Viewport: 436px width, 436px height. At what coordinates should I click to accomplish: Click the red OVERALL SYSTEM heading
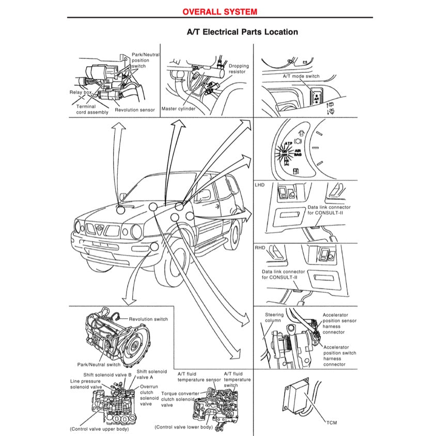pyautogui.click(x=220, y=11)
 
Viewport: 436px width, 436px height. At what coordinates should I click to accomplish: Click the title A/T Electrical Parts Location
pyautogui.click(x=242, y=32)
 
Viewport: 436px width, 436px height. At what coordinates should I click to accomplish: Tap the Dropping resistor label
pyautogui.click(x=238, y=69)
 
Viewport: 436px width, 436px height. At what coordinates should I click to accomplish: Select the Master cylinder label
pyautogui.click(x=178, y=109)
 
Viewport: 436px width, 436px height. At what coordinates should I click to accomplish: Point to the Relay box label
pyautogui.click(x=80, y=92)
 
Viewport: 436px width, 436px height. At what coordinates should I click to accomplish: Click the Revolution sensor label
pyautogui.click(x=134, y=110)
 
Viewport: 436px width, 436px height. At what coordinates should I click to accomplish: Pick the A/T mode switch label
pyautogui.click(x=301, y=76)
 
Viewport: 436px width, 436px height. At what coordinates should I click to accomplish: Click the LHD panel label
pyautogui.click(x=259, y=184)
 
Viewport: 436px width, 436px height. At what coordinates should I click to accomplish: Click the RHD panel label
pyautogui.click(x=260, y=248)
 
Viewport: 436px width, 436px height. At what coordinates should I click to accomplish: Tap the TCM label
pyautogui.click(x=332, y=423)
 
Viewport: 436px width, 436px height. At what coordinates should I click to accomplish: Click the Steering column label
pyautogui.click(x=274, y=317)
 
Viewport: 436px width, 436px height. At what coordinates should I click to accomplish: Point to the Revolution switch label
pyautogui.click(x=148, y=319)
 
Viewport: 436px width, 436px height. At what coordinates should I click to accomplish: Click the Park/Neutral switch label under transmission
pyautogui.click(x=99, y=364)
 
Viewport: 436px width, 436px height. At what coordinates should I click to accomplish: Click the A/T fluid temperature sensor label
pyautogui.click(x=199, y=377)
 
